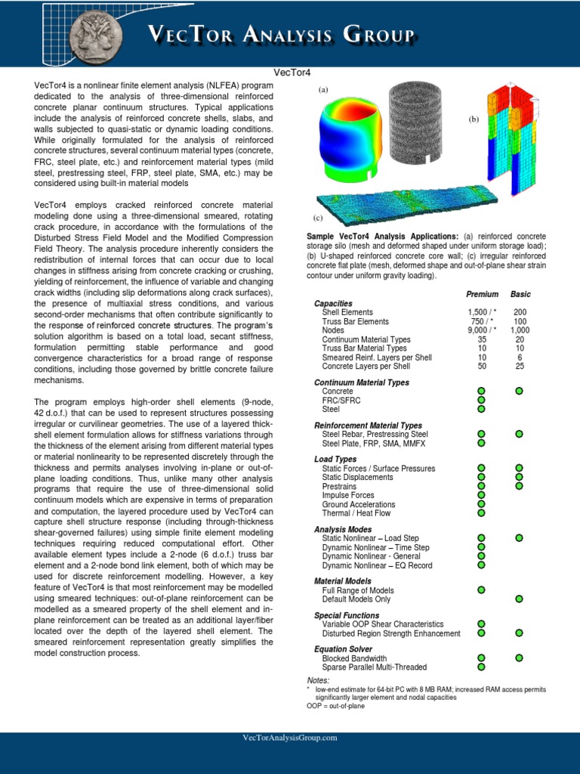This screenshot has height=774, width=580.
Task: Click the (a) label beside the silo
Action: tap(323, 89)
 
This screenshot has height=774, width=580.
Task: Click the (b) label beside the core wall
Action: tap(474, 119)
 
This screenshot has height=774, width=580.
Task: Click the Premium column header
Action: tap(482, 294)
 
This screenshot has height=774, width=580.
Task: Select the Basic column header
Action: tap(520, 294)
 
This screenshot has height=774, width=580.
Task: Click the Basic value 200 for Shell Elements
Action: tap(520, 312)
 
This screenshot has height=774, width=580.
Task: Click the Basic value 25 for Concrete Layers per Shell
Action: tap(520, 367)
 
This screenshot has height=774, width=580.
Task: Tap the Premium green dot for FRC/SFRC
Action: tap(481, 401)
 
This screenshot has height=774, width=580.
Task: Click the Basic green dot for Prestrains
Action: tap(519, 486)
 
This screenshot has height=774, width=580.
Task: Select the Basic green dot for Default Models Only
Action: tap(519, 599)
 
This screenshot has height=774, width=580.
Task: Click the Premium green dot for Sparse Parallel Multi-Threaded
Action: tap(481, 667)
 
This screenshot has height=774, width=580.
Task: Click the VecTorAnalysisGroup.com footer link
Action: tap(290, 738)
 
